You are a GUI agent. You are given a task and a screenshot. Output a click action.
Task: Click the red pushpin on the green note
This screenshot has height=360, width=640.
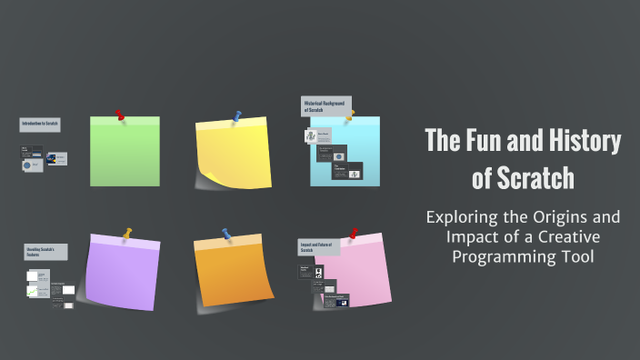click(119, 115)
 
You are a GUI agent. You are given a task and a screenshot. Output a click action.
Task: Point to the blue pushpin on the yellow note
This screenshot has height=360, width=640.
click(237, 116)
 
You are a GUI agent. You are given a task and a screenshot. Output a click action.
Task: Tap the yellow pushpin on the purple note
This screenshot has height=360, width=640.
click(127, 234)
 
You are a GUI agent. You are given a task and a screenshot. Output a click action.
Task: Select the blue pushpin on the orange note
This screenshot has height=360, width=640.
click(225, 234)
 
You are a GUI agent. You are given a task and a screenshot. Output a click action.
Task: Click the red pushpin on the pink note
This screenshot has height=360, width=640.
click(353, 235)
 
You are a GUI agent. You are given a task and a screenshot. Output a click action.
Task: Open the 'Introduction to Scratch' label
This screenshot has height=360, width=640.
click(40, 125)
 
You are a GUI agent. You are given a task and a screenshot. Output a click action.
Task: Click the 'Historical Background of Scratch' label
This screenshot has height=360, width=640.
click(326, 106)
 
